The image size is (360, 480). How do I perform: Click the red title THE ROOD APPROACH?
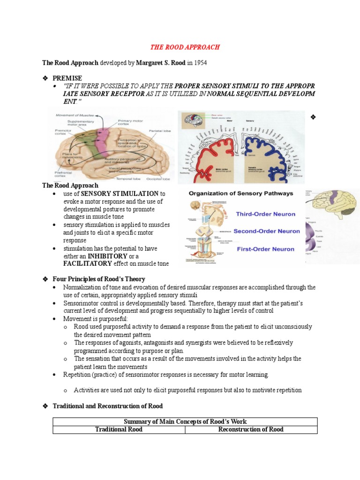184,47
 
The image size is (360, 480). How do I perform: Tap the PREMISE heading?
67,78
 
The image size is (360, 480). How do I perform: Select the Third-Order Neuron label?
265,214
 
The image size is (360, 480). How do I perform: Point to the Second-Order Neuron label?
267,231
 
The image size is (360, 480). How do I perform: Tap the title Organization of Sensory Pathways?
240,193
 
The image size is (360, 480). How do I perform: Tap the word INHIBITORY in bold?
107,256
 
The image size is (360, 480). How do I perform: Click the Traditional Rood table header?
119,429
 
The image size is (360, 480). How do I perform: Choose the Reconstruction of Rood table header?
251,429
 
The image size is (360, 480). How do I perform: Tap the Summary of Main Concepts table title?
185,421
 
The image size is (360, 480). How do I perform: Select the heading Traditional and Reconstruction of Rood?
108,406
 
